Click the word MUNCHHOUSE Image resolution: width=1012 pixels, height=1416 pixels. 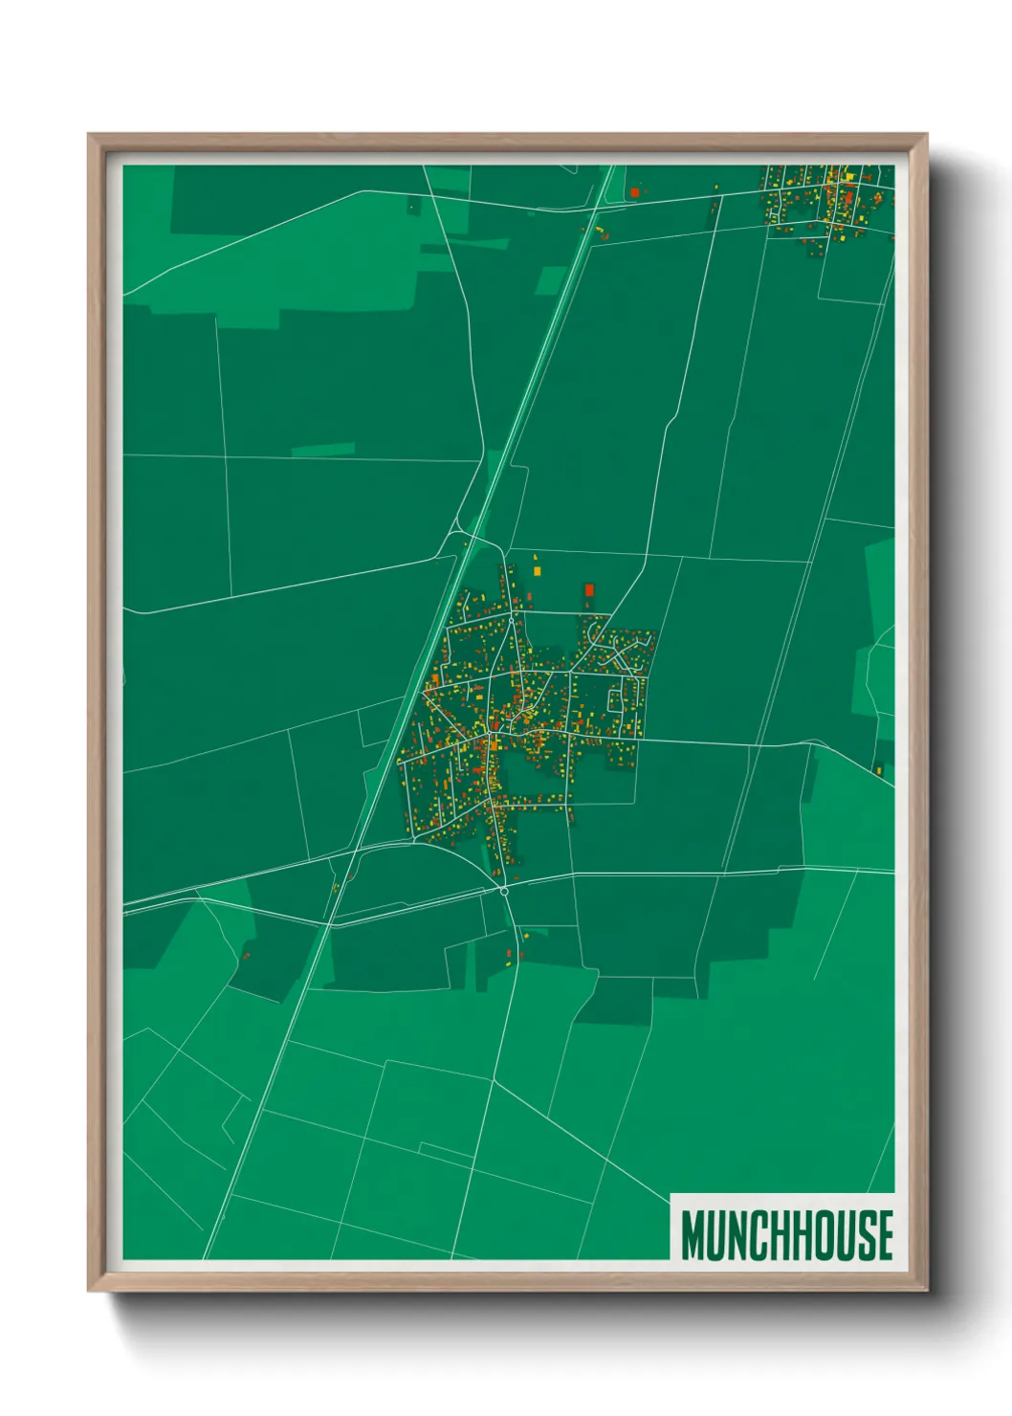(x=787, y=1235)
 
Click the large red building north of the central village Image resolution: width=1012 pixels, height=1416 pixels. (x=589, y=589)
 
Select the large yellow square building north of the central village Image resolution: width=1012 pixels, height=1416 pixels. (x=537, y=571)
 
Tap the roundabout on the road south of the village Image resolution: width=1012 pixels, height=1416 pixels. (x=504, y=891)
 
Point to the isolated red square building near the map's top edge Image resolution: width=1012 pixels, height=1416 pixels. (x=634, y=192)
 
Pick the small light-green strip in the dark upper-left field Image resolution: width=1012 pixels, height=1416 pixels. (x=322, y=449)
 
